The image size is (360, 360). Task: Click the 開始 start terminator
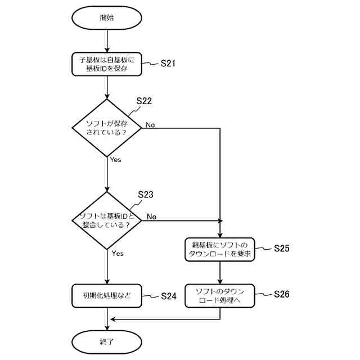[x=107, y=17]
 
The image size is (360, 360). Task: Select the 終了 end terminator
[x=107, y=342]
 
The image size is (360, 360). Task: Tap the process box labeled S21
[x=107, y=64]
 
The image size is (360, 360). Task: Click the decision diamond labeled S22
[x=107, y=128]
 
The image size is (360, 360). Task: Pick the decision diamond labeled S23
[x=107, y=220]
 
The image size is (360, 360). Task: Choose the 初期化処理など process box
[x=107, y=296]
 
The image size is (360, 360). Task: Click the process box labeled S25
[x=220, y=250]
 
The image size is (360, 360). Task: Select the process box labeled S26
[x=220, y=296]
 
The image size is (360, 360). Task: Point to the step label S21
[x=168, y=64]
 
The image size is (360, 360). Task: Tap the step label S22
[x=144, y=101]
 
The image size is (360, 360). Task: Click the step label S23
[x=146, y=195]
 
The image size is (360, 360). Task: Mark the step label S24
[x=169, y=296]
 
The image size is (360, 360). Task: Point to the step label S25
[x=282, y=248]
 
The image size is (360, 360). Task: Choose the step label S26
[x=282, y=294]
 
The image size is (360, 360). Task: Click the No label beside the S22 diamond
[x=150, y=125]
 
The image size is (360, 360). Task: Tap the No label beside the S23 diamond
[x=151, y=217]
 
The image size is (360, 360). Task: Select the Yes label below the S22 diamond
[x=115, y=160]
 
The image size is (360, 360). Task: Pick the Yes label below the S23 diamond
[x=118, y=254]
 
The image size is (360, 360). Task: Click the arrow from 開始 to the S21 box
[x=107, y=41]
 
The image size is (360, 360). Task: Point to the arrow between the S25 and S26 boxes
[x=220, y=273]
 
